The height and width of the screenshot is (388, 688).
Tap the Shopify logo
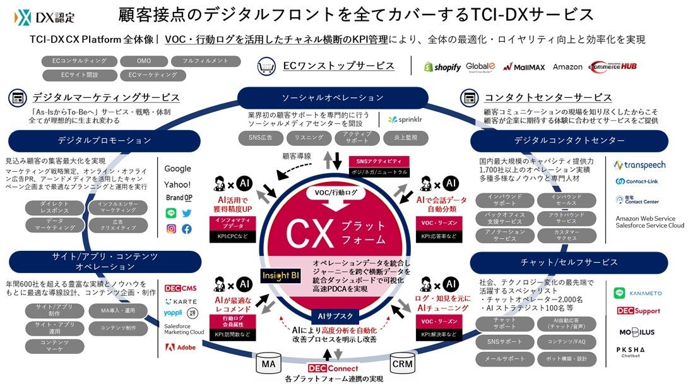tap(442, 67)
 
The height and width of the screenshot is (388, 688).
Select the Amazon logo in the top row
tap(567, 67)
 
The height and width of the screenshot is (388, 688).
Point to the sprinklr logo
tap(401, 119)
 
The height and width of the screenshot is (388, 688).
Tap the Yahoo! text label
tap(177, 185)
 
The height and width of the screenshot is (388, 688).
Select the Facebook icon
tap(187, 229)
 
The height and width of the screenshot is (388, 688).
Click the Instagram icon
tap(171, 229)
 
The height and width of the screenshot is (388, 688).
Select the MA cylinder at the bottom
tap(268, 365)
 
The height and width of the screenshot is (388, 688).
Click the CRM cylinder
tap(402, 365)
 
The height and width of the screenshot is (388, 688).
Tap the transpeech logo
tap(640, 166)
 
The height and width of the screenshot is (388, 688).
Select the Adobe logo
tap(181, 347)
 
